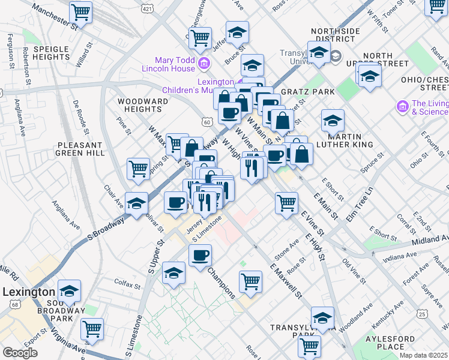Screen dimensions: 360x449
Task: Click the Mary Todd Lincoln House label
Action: (166, 64)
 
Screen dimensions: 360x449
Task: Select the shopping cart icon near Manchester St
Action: (80, 11)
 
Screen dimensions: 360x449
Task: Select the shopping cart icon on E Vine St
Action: (287, 202)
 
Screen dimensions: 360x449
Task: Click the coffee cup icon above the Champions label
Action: (200, 255)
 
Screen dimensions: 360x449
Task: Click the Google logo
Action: (20, 352)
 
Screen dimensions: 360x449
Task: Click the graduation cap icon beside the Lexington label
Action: (69, 292)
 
